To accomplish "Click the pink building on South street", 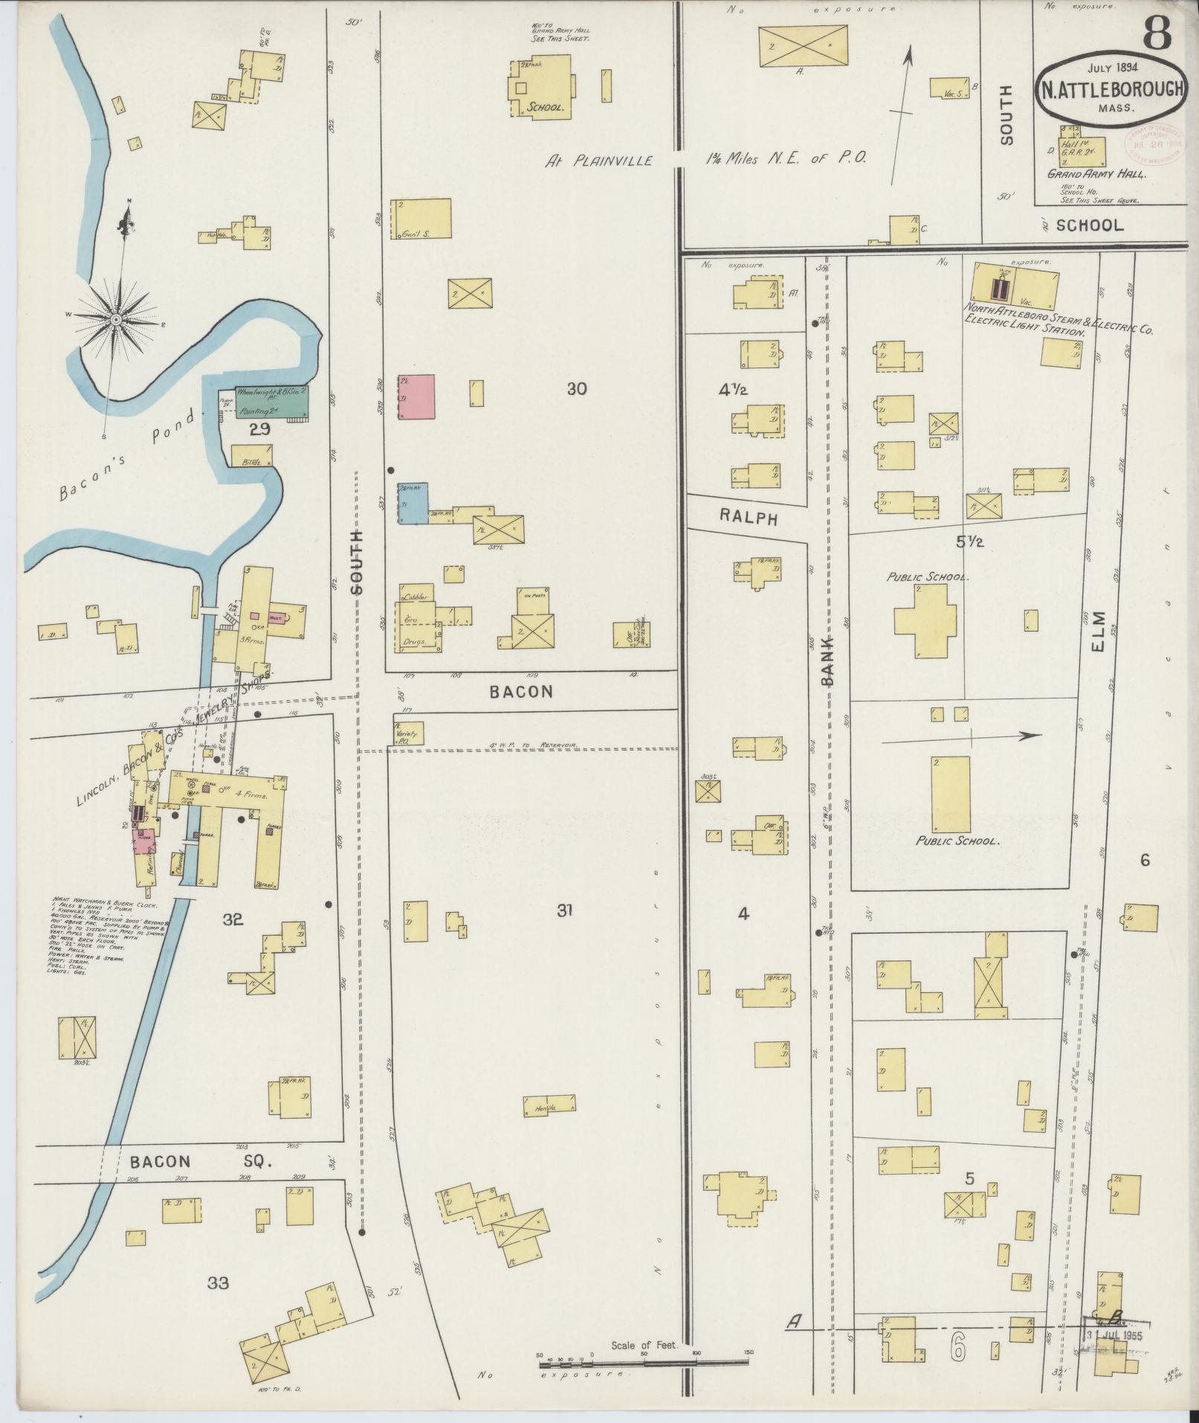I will pos(416,398).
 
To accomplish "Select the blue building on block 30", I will pos(413,504).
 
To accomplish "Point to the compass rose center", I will pos(116,320).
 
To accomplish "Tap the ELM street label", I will pos(1099,632).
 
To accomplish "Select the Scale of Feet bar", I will pos(644,844).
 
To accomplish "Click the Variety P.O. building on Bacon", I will pos(408,733).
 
